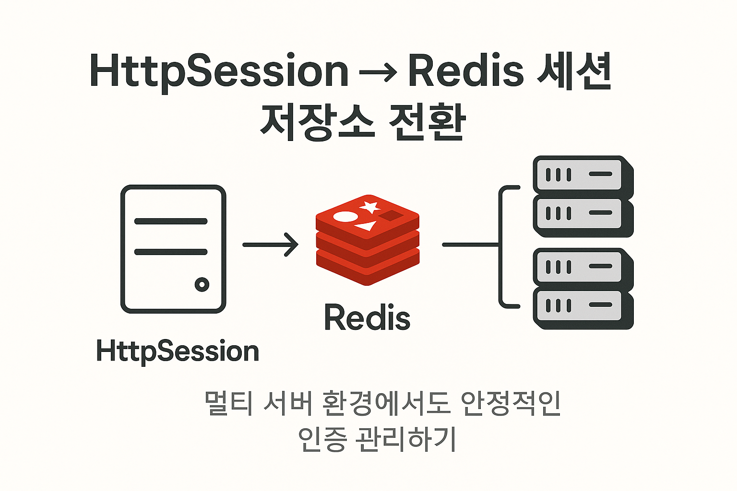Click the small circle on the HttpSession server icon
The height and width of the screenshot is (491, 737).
point(202,284)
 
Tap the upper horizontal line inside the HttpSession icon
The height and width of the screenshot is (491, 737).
point(171,221)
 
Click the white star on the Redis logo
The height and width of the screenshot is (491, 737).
point(370,207)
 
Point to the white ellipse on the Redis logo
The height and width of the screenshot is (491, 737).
point(345,217)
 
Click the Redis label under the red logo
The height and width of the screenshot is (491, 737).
point(367,318)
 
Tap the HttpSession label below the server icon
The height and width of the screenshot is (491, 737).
point(178,351)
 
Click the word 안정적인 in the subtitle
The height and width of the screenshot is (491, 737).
point(511,404)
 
